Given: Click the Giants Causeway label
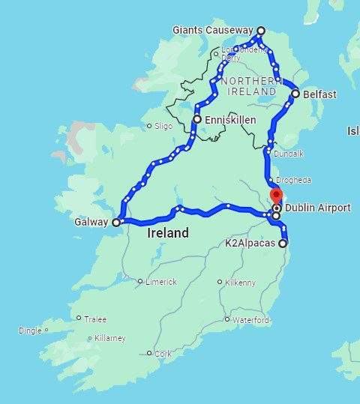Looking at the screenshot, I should [x=214, y=31].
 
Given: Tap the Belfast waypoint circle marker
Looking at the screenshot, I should [x=295, y=94].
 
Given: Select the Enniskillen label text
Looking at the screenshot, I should [x=231, y=119].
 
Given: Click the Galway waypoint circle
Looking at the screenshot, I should [x=116, y=223].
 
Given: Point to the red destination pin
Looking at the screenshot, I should [x=276, y=198].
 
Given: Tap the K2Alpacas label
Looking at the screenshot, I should [x=250, y=244].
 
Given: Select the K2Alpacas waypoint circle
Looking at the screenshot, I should [x=283, y=244].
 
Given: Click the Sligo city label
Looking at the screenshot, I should [x=163, y=126].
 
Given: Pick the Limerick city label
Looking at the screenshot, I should [x=161, y=282].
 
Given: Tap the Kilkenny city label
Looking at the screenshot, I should [x=240, y=283].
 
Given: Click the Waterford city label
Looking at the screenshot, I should [x=250, y=320].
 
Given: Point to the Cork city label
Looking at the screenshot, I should [x=162, y=353].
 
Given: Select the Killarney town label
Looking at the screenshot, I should [x=109, y=338].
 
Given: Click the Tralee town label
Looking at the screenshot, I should [x=95, y=318].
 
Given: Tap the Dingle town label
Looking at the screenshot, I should [x=30, y=330].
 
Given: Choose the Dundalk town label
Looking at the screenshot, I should [x=289, y=153].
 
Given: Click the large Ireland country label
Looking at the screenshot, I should [x=167, y=233].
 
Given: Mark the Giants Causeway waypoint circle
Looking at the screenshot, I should [x=261, y=31].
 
